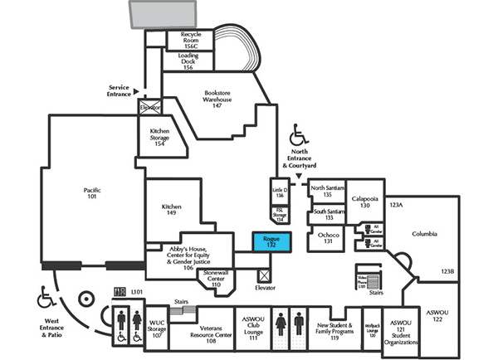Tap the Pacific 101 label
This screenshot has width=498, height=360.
click(92, 194)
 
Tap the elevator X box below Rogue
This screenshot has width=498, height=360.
click(264, 273)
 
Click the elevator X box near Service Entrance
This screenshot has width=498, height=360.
click(150, 107)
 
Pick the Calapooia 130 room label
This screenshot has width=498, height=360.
click(364, 202)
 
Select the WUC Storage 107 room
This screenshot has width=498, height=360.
click(158, 329)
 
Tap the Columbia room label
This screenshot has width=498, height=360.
click(424, 234)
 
